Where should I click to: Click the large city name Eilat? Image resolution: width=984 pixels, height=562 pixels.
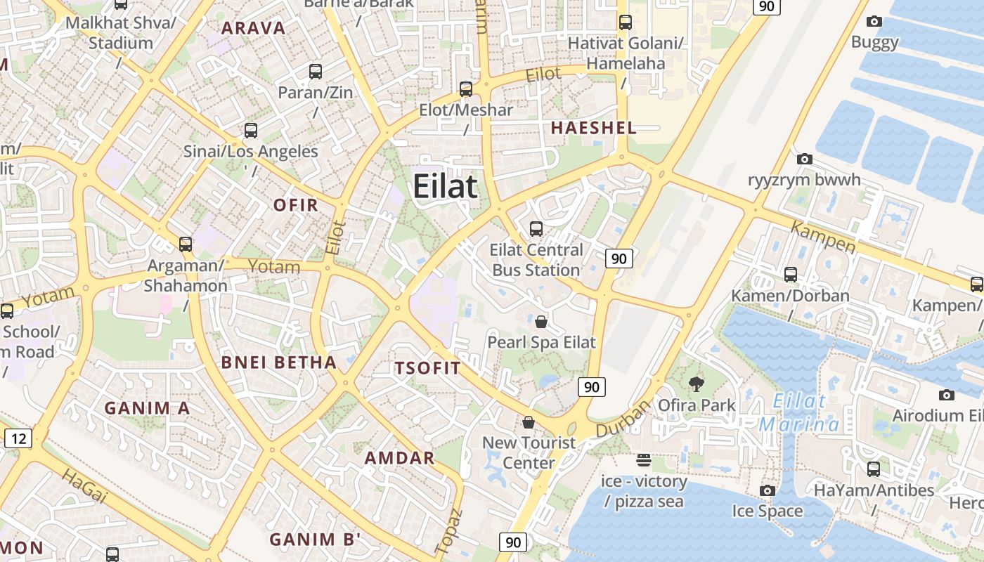(445, 187)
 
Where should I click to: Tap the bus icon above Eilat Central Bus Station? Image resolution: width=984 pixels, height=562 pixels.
(536, 229)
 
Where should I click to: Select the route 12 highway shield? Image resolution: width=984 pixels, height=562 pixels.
(18, 439)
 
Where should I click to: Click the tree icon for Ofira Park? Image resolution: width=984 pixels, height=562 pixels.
(697, 384)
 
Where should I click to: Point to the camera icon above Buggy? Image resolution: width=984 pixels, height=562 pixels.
(874, 22)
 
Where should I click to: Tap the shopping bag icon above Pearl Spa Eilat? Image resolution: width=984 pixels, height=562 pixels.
(541, 322)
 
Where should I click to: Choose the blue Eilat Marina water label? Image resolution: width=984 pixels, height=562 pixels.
(799, 413)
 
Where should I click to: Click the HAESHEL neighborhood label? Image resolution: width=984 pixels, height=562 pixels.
(594, 128)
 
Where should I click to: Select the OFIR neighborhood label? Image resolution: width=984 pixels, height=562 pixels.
(296, 205)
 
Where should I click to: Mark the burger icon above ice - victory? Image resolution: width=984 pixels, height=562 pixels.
(644, 460)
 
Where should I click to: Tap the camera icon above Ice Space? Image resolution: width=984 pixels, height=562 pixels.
(768, 490)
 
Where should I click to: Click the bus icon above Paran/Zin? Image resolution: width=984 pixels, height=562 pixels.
(316, 71)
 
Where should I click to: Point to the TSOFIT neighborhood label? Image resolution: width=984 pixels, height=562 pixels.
(427, 368)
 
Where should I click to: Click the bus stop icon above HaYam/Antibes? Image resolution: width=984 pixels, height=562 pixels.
(874, 469)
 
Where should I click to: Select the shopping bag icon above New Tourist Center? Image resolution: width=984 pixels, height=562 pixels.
(529, 422)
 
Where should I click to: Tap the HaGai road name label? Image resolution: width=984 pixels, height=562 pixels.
(85, 487)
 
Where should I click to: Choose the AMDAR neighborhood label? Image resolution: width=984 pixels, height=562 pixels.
(399, 458)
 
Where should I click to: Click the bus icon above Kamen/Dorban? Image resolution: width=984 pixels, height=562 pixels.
(791, 275)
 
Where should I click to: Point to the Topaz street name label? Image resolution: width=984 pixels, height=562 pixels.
(447, 532)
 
